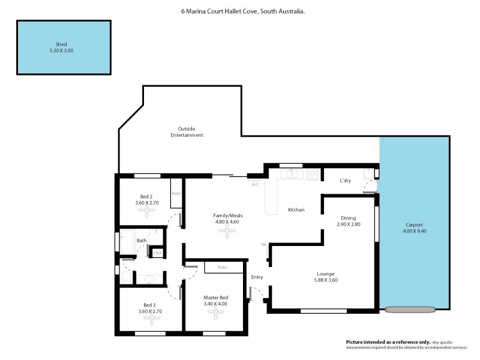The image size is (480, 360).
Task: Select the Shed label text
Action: (x=61, y=44)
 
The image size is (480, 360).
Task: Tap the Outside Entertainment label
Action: (x=187, y=132)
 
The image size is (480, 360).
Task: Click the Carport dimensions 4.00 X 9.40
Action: (x=415, y=231)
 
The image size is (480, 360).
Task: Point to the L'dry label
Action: (x=345, y=181)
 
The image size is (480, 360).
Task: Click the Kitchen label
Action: (x=296, y=210)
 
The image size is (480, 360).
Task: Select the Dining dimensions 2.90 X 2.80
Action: (x=348, y=224)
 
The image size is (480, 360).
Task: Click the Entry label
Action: (x=257, y=277)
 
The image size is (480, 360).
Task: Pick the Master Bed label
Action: (x=215, y=297)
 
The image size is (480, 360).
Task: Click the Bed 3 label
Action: (x=149, y=305)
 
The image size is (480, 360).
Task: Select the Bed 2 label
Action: (x=146, y=197)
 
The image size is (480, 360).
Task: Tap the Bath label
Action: (x=142, y=241)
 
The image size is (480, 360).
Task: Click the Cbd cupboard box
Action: (x=157, y=253)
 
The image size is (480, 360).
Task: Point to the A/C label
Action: (x=255, y=184)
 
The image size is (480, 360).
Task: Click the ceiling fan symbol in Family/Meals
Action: (x=227, y=235)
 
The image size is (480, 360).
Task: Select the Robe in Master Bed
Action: (x=222, y=267)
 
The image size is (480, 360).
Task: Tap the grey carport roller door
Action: (x=410, y=310)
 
